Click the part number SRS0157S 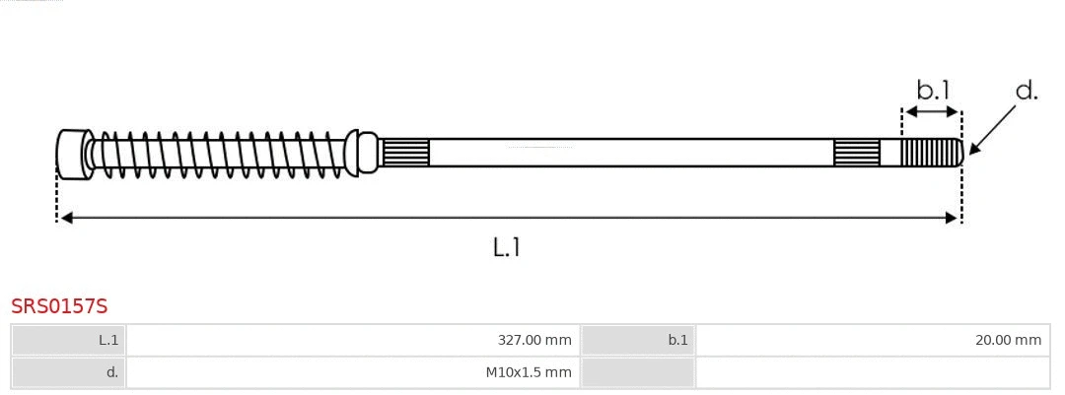coord(59,306)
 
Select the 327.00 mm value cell coord(352,340)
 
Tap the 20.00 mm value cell coord(873,340)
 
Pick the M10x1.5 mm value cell coord(352,372)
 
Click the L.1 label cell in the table coord(69,340)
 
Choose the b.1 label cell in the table coord(638,340)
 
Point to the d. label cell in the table coord(69,372)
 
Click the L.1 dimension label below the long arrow coord(507,247)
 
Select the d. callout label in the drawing coord(1027,91)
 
